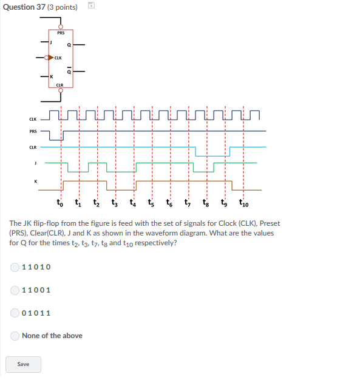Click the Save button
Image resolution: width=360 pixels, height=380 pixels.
[x=24, y=364]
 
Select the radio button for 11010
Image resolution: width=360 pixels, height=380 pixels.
[x=15, y=267]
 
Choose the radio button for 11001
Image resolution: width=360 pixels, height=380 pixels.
[x=15, y=290]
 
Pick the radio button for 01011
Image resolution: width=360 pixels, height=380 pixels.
[x=15, y=313]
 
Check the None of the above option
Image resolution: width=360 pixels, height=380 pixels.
[x=15, y=336]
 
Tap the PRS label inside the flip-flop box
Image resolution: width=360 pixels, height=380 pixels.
[x=61, y=33]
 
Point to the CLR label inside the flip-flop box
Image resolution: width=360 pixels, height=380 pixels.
[x=59, y=85]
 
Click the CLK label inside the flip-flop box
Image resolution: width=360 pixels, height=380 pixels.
[x=58, y=58]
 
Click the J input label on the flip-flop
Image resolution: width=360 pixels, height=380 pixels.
[x=52, y=42]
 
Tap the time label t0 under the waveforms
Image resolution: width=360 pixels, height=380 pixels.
[x=59, y=202]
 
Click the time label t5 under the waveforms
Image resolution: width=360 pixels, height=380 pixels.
[x=152, y=202]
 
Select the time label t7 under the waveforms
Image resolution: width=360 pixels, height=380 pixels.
[x=188, y=202]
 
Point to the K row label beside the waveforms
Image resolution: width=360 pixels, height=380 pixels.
[x=35, y=181]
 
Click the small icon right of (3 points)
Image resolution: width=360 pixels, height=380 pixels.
[x=90, y=6]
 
